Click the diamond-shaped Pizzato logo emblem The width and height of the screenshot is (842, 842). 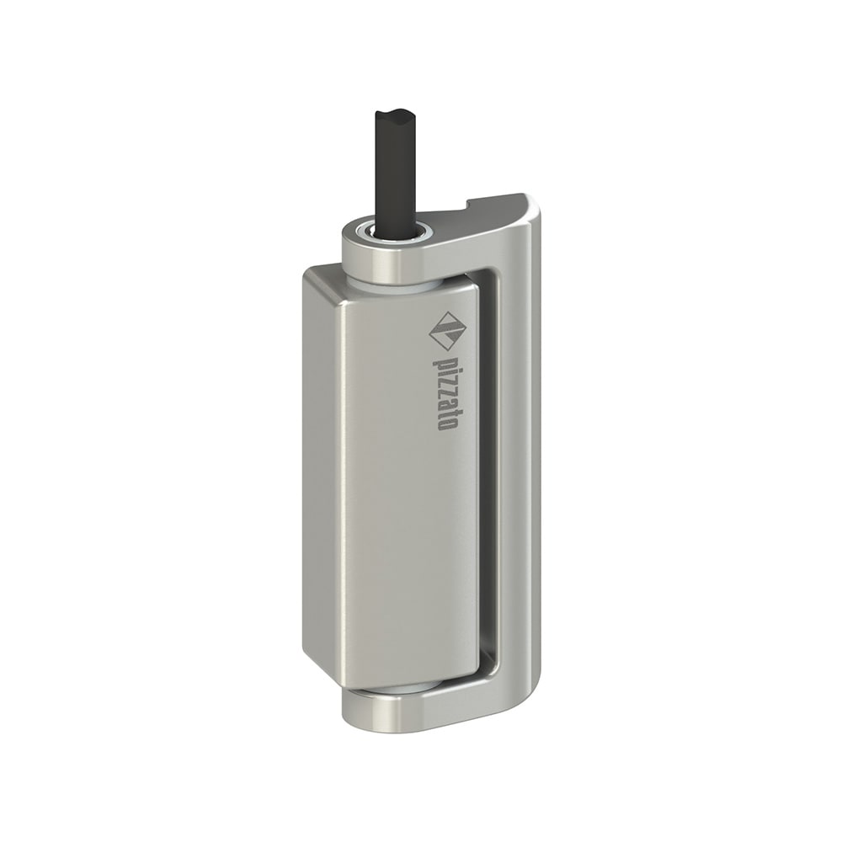pyautogui.click(x=446, y=331)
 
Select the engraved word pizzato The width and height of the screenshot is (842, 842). pyautogui.click(x=446, y=392)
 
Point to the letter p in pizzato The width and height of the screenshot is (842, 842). pyautogui.click(x=446, y=362)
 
